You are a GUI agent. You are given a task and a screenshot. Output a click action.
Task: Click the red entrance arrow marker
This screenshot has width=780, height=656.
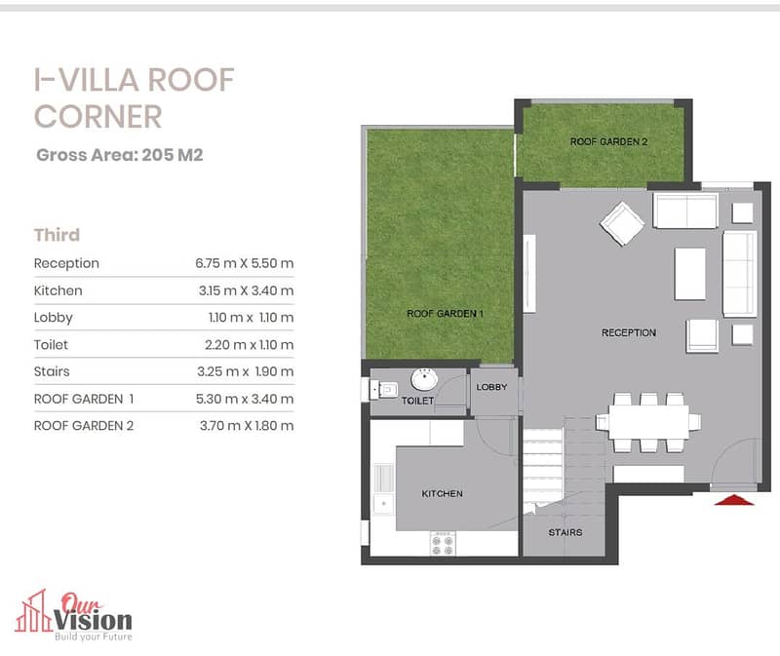point(734,500)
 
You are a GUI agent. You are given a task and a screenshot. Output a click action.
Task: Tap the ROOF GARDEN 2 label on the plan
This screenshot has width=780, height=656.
point(608,141)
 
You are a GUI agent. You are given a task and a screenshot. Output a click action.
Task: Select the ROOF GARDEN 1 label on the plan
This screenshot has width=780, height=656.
point(446,313)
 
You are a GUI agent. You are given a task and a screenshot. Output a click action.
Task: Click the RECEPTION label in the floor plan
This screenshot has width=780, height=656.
point(629,332)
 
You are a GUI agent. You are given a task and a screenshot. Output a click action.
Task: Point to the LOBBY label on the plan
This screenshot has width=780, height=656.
point(491,387)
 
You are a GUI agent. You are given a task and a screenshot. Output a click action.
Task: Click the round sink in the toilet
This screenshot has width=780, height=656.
point(424,379)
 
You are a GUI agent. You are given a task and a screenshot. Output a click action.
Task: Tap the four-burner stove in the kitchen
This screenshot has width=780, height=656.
point(443,543)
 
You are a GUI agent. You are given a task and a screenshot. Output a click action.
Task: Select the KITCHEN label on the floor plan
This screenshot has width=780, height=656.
point(443,494)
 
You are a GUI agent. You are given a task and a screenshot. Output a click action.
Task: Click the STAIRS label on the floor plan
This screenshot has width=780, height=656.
point(565,532)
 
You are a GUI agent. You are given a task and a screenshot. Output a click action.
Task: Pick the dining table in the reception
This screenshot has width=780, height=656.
point(648,422)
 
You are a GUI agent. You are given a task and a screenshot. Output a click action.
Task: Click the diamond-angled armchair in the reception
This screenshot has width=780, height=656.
point(622,223)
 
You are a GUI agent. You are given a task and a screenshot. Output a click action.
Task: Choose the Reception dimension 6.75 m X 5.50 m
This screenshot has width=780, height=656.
point(245,263)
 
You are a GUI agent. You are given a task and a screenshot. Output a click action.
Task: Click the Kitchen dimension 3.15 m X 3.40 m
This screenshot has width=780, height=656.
point(247,290)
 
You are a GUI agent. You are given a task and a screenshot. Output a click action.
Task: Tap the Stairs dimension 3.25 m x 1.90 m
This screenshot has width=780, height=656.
point(246,371)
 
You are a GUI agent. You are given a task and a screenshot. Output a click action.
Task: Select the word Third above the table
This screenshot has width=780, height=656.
point(57,235)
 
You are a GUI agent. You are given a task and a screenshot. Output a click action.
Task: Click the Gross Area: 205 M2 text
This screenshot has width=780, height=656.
point(120,155)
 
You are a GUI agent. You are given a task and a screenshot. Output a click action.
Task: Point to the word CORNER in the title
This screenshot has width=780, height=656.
point(98,117)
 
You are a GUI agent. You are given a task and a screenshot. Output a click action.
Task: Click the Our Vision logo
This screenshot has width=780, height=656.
point(74,616)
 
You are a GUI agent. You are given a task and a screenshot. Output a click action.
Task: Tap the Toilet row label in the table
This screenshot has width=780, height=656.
point(51,345)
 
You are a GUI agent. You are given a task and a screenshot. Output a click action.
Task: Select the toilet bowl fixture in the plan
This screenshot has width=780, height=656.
point(384,390)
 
